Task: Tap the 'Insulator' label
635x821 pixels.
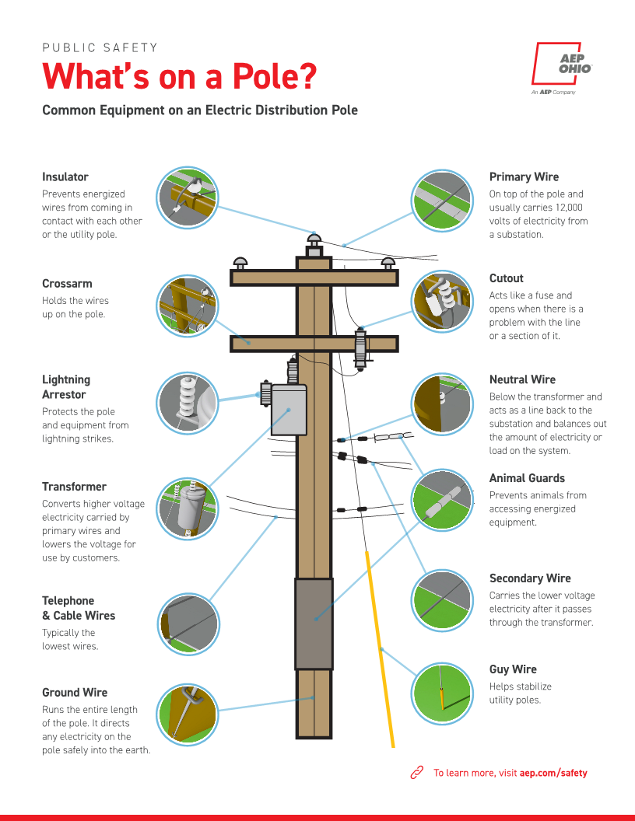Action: coord(65,177)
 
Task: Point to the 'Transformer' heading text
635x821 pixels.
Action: coord(74,487)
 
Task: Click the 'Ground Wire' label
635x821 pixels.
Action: coord(75,693)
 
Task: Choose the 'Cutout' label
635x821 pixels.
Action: coord(506,278)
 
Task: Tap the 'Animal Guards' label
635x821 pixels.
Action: coord(527,478)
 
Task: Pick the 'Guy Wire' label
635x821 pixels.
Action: coord(513,669)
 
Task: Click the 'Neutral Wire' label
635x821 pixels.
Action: coord(522,379)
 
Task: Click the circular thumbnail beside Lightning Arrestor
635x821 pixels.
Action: coord(188,403)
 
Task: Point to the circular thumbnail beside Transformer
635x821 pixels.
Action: coord(188,508)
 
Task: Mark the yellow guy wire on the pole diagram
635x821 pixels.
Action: coord(380,645)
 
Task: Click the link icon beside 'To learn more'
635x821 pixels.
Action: coord(416,773)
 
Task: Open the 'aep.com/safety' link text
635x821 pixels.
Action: coord(553,773)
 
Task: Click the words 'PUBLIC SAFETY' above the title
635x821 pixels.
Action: coord(100,48)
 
